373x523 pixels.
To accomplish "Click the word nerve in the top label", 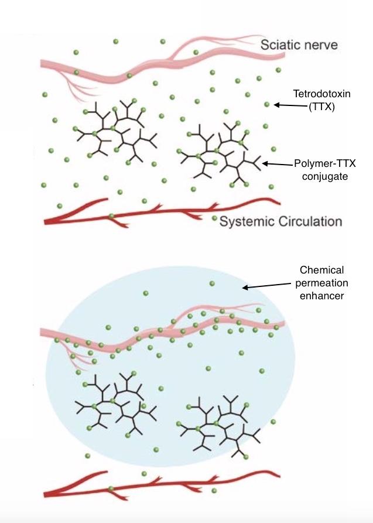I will point(321,45).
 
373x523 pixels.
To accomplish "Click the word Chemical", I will point(321,271).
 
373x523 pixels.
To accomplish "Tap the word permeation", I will point(321,283).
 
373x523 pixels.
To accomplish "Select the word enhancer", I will point(321,296).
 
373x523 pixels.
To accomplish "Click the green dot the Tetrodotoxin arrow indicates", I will point(267,104).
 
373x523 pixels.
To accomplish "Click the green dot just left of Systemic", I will point(214,218).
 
